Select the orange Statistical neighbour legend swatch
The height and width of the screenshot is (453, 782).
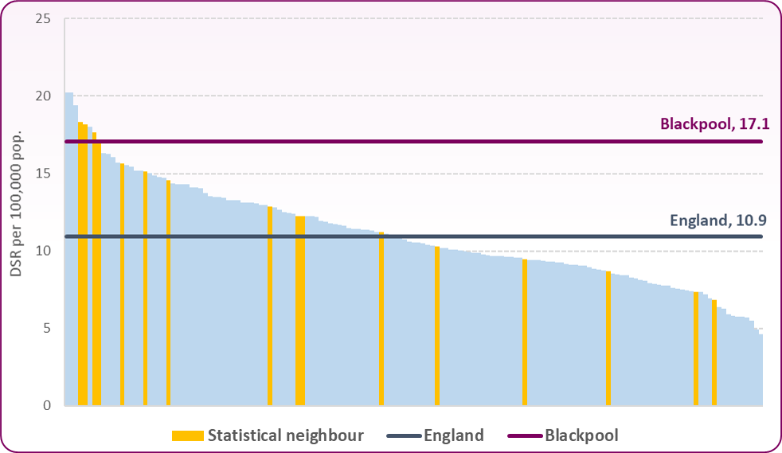click(187, 435)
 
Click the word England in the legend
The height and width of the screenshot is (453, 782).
click(454, 435)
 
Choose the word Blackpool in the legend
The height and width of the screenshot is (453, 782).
click(581, 435)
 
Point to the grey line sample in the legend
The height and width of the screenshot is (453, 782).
click(404, 435)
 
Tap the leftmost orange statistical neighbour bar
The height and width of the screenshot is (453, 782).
click(82, 263)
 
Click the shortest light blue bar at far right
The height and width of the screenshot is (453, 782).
click(760, 370)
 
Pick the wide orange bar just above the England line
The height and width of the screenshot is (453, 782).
click(300, 310)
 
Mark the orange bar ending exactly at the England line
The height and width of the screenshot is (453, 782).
click(381, 318)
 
